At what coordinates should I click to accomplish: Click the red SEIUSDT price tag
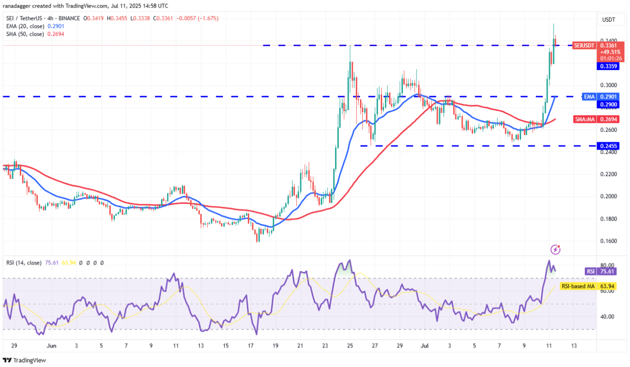tap(583, 46)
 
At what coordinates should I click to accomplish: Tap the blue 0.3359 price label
tap(608, 66)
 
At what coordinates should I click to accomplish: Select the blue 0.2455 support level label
tap(608, 146)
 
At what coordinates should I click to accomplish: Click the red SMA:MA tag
tap(584, 120)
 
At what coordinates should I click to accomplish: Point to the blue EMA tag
tap(589, 96)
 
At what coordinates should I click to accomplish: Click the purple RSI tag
tap(590, 271)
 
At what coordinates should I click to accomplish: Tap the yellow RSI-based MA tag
tap(578, 286)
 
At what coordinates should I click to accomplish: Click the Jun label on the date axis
tap(52, 345)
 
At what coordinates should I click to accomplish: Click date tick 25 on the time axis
tap(350, 345)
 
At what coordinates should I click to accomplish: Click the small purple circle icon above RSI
tap(556, 249)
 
